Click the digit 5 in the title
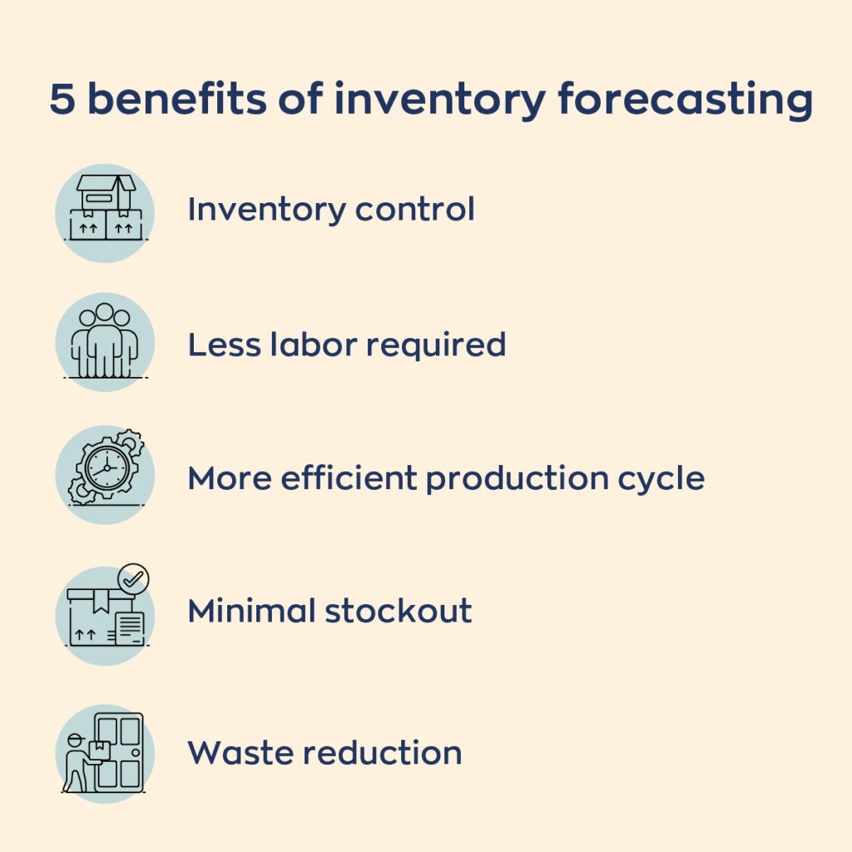(62, 99)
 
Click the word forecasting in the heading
(686, 101)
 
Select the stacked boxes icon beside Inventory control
(106, 207)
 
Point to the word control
(415, 209)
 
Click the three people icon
(105, 340)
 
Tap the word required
(436, 346)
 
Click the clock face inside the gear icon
(107, 468)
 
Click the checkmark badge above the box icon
(133, 579)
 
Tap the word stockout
(399, 611)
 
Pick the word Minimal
(251, 611)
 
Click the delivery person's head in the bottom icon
(76, 741)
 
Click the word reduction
(383, 752)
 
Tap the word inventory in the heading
(439, 101)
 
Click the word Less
(225, 344)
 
